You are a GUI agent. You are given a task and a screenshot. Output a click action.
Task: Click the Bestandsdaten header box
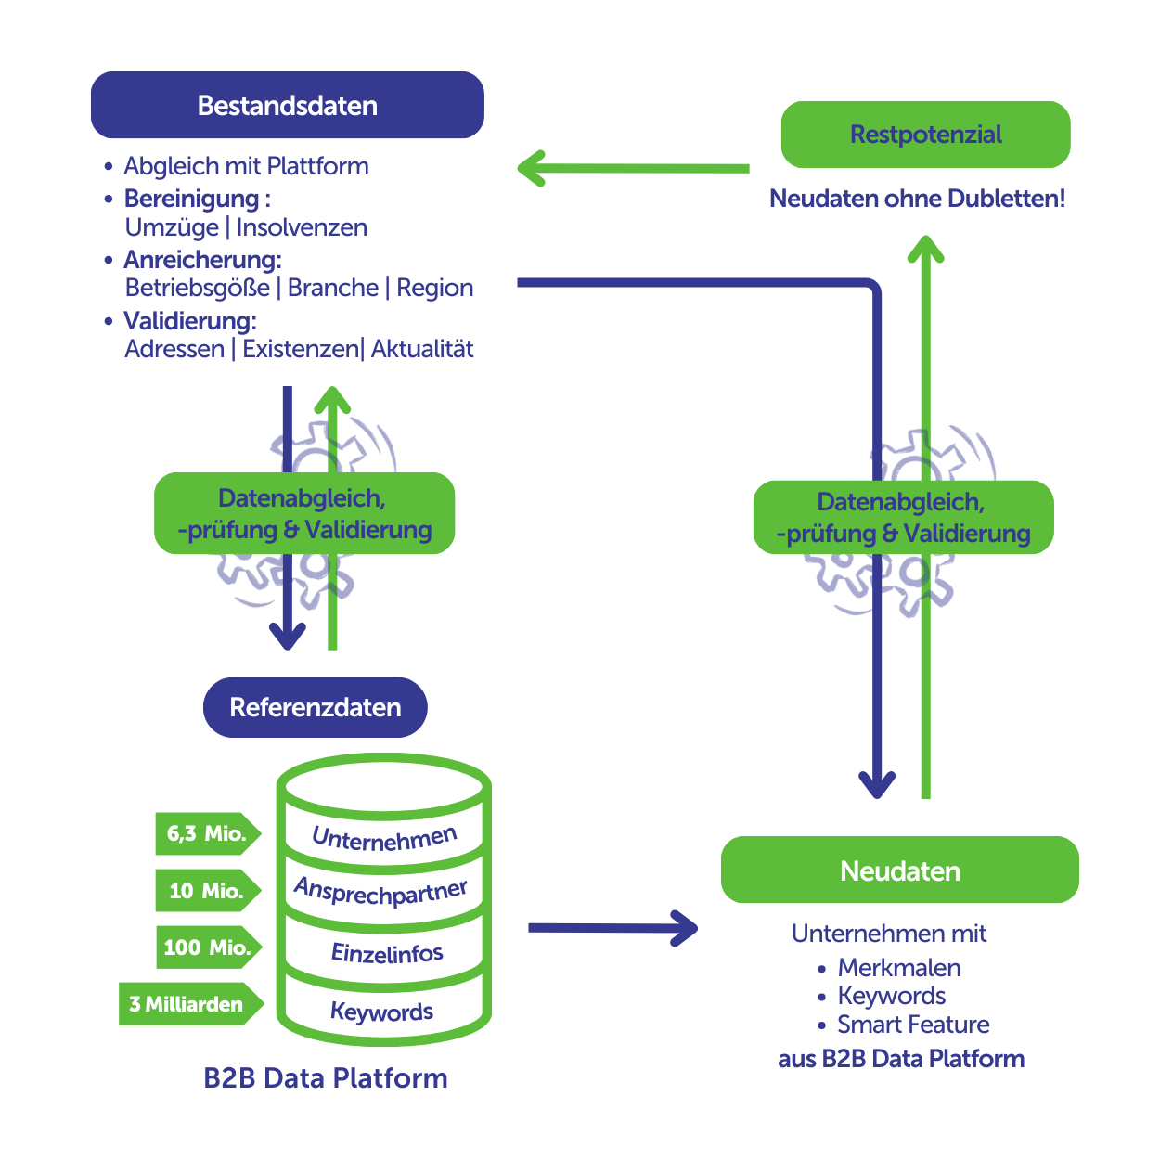pyautogui.click(x=288, y=105)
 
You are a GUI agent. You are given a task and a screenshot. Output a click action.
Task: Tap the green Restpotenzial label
pyautogui.click(x=926, y=135)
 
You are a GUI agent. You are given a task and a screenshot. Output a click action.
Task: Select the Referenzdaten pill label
pyautogui.click(x=316, y=707)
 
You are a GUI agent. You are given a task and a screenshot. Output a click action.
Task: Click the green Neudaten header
pyautogui.click(x=900, y=870)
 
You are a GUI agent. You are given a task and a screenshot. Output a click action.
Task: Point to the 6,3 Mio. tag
pyautogui.click(x=206, y=833)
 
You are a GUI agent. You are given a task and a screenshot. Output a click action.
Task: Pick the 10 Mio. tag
pyautogui.click(x=206, y=891)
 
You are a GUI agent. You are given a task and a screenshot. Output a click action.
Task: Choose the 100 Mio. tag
pyautogui.click(x=207, y=947)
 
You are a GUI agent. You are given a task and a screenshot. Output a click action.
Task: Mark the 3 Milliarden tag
pyautogui.click(x=187, y=1004)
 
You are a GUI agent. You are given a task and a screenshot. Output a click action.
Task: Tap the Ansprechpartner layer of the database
pyautogui.click(x=381, y=892)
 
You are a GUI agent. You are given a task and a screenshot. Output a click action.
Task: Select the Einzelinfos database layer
pyautogui.click(x=387, y=953)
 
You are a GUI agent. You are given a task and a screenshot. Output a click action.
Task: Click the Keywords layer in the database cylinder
pyautogui.click(x=381, y=1012)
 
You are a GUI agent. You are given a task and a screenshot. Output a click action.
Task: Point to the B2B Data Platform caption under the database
pyautogui.click(x=326, y=1078)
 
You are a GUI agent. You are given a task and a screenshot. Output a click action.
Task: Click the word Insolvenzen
pyautogui.click(x=302, y=227)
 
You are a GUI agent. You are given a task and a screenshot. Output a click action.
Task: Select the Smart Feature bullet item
pyautogui.click(x=913, y=1025)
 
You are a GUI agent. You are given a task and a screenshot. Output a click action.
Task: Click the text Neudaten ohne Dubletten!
pyautogui.click(x=918, y=199)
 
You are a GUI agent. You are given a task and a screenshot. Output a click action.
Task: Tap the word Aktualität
pyautogui.click(x=422, y=349)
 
